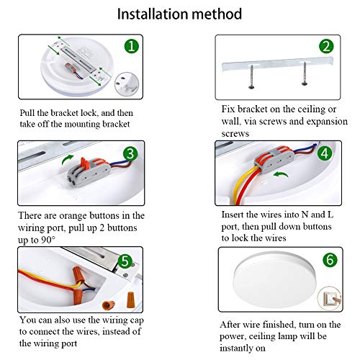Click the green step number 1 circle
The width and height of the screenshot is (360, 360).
132,46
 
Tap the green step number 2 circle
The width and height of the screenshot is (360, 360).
326,46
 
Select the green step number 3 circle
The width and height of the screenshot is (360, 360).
130,153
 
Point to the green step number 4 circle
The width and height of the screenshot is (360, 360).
325,153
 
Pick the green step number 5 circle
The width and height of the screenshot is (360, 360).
125,261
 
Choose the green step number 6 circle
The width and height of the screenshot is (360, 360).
330,259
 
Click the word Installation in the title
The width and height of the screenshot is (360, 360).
153,14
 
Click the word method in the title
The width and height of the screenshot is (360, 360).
217,14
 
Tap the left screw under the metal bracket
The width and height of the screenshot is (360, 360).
251,77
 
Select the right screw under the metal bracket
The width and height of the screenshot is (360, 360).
305,73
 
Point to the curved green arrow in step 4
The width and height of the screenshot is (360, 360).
282,174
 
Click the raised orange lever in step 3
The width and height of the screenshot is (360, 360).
84,163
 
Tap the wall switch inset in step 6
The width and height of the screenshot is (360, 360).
329,298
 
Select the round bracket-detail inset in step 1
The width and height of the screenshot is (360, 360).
127,84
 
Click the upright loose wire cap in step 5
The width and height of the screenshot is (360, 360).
130,300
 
